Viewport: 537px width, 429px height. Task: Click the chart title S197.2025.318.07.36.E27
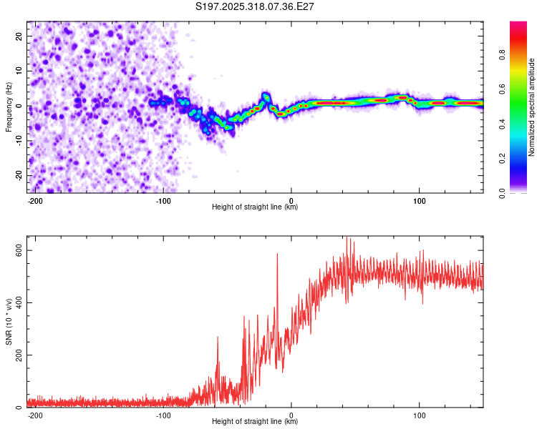point(255,6)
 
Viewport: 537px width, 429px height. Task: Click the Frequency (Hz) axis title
point(9,107)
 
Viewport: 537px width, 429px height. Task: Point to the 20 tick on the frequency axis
point(19,36)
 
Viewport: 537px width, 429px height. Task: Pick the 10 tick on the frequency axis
point(19,71)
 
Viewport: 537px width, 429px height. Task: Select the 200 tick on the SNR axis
point(16,355)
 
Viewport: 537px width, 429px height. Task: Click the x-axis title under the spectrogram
point(255,207)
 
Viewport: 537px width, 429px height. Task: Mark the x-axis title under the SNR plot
point(255,422)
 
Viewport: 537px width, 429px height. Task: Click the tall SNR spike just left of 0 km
point(276,255)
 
